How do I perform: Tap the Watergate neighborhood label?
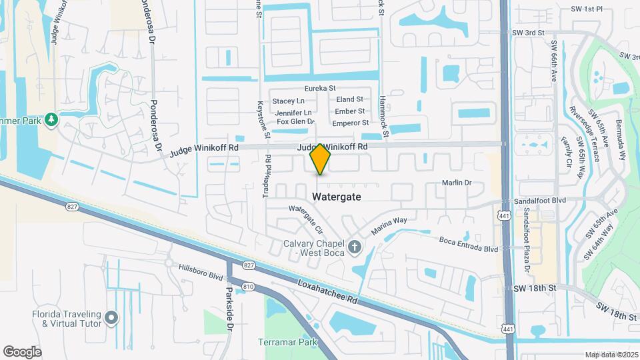337,197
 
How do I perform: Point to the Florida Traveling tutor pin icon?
111,317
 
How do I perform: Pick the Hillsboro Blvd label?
200,271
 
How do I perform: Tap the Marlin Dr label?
457,183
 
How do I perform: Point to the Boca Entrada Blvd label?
468,244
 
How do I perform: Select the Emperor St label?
350,123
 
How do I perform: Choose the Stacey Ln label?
288,101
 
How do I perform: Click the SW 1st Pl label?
586,9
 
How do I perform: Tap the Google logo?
22,352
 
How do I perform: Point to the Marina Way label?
389,225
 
